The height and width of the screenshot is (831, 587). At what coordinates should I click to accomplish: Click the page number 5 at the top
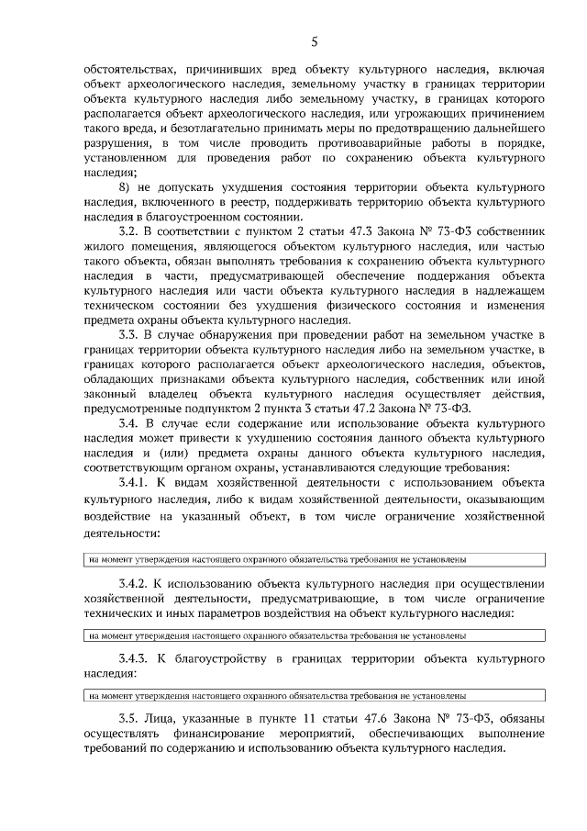pos(314,41)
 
